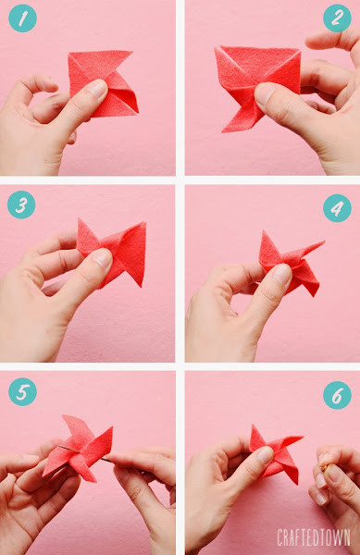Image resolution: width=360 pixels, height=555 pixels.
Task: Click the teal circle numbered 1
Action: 22,18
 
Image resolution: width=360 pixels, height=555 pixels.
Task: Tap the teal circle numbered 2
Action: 337,18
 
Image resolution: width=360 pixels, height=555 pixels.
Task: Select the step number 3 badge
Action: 21,204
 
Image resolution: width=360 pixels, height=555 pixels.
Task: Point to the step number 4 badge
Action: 337,208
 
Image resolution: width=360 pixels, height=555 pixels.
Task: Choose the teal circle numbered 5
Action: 22,392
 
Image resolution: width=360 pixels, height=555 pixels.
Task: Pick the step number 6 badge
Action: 337,395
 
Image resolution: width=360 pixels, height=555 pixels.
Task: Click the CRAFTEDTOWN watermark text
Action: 314,537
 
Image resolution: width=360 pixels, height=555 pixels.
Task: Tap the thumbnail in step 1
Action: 97,88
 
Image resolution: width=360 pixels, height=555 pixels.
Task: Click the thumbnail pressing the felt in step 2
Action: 265,95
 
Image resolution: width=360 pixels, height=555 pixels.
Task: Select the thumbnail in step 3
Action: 103,258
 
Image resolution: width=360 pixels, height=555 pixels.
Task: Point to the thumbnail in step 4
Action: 282,275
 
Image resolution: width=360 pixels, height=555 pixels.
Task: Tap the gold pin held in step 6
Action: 323,468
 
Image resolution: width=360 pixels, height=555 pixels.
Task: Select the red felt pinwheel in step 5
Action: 78,448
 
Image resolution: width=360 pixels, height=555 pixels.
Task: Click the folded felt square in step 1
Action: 104,83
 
